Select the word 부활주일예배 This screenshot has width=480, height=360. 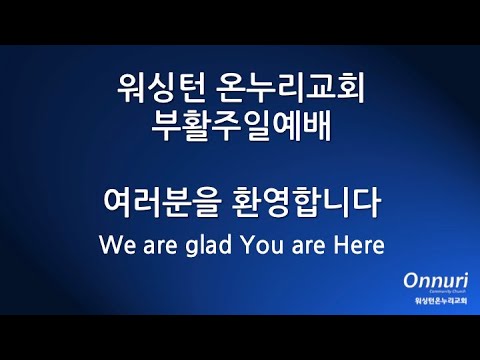click(x=240, y=128)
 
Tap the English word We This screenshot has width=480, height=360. click(x=118, y=243)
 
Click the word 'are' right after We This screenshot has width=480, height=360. click(x=157, y=245)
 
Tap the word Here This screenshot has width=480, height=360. click(x=358, y=243)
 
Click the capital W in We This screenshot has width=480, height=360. click(x=111, y=243)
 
